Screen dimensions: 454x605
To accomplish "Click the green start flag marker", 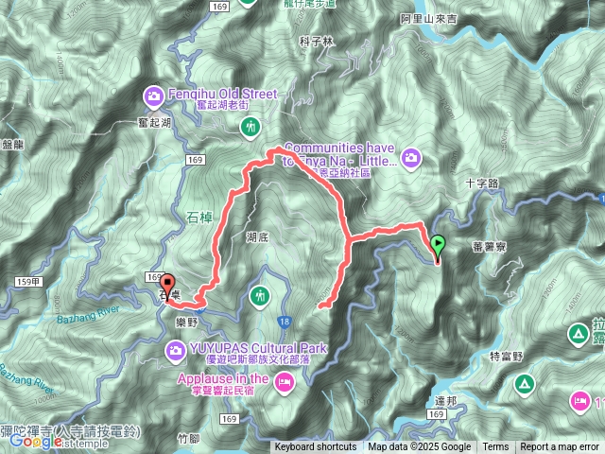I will (438, 246).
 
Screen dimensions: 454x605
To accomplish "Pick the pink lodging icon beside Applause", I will (285, 380).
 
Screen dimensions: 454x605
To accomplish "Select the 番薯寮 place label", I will (488, 246).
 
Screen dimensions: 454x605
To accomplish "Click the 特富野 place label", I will (507, 357).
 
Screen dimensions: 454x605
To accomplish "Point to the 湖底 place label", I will (255, 238).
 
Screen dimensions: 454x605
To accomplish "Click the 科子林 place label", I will (316, 41).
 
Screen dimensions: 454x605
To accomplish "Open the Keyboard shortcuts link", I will (316, 446).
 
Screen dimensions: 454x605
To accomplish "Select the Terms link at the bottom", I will (495, 446).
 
